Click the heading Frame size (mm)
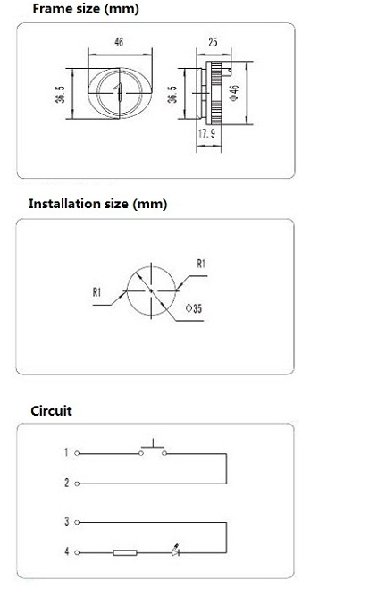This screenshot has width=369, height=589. [86, 9]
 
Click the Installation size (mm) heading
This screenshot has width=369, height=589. [98, 204]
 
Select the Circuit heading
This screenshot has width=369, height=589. [51, 410]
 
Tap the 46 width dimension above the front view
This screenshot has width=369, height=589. [119, 42]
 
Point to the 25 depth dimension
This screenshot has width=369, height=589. [213, 42]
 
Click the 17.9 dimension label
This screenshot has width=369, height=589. [206, 133]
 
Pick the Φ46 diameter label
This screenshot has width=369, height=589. [233, 93]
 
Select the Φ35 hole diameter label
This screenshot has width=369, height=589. [194, 308]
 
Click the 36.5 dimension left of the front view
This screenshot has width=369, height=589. [60, 94]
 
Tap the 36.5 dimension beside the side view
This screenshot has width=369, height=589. [172, 94]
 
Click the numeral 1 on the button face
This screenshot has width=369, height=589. [118, 92]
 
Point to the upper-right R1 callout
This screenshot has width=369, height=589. [201, 264]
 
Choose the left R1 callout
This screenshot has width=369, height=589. [96, 292]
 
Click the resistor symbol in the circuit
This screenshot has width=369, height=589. [125, 552]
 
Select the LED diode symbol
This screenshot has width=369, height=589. [175, 551]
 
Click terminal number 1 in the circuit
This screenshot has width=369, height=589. [66, 452]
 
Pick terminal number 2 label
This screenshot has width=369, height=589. [67, 483]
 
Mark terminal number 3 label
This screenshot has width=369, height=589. [67, 521]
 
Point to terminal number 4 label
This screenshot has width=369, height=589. [67, 551]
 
